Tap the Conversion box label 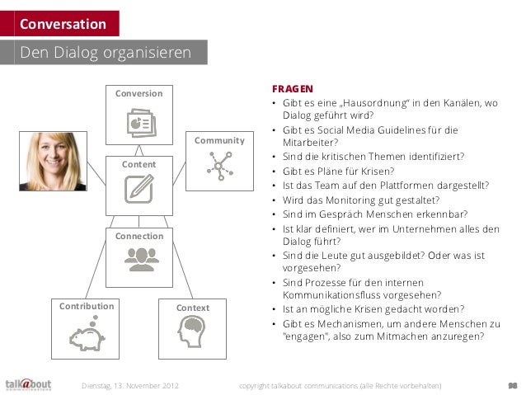click(x=139, y=93)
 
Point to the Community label click(x=219, y=141)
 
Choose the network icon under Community click(x=219, y=167)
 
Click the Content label click(x=139, y=165)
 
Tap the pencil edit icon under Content click(x=139, y=190)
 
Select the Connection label click(x=139, y=236)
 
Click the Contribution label click(x=87, y=306)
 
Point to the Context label click(x=193, y=308)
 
